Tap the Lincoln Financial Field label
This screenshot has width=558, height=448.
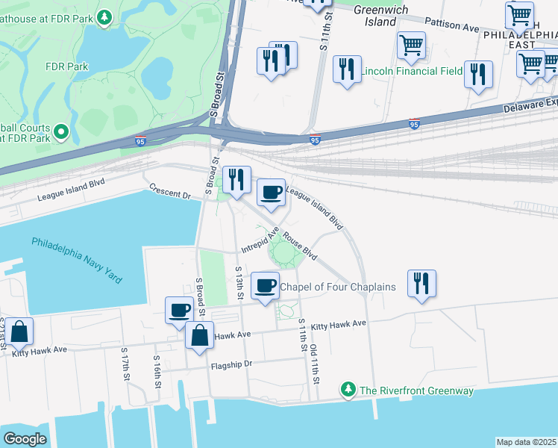point(411,72)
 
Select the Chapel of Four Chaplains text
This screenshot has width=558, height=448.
point(337,287)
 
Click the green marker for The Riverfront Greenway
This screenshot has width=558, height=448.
point(347,389)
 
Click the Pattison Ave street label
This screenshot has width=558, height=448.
point(453,26)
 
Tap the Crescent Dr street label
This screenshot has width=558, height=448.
point(170,191)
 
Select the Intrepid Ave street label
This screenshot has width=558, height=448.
point(257,240)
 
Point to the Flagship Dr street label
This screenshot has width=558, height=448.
point(233,364)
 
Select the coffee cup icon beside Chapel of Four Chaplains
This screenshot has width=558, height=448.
point(265,285)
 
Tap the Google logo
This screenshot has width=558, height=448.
point(25,438)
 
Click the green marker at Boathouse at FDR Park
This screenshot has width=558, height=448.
point(105,16)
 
